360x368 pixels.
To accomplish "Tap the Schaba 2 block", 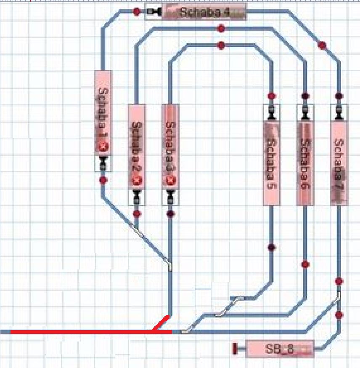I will coord(137,143).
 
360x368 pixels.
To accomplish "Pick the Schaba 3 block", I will coord(170,143).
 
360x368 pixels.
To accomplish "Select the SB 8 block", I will coord(279,349).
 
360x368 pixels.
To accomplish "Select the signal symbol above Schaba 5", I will coord(272,112).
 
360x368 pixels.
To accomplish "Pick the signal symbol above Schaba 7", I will coord(339,112).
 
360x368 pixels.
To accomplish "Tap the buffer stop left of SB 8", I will coord(236,349).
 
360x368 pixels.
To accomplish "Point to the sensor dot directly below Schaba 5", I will coord(272,248).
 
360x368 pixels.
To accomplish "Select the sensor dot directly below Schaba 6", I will coord(305,264).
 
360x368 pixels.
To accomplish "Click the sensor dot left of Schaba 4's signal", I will coord(137,12).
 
